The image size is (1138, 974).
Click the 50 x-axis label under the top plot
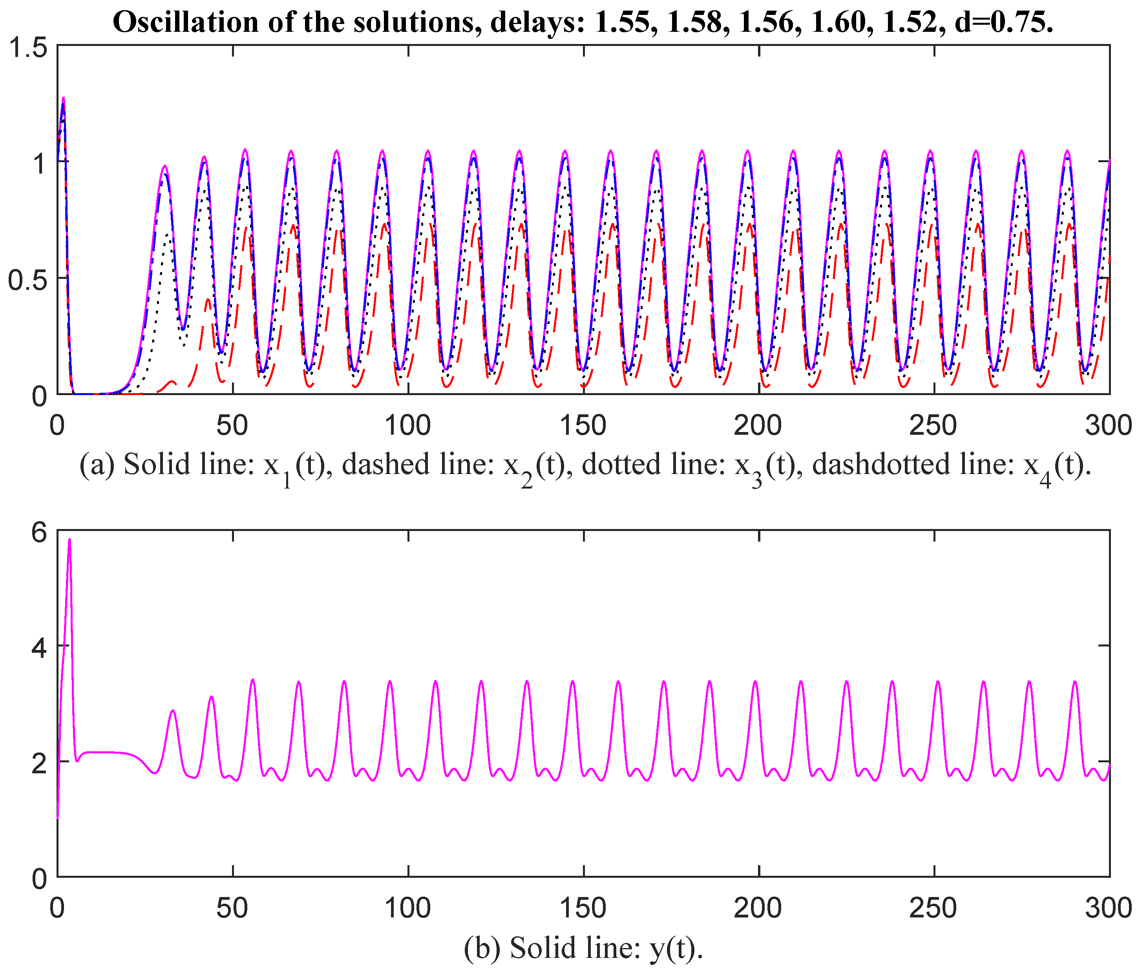[x=232, y=426]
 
